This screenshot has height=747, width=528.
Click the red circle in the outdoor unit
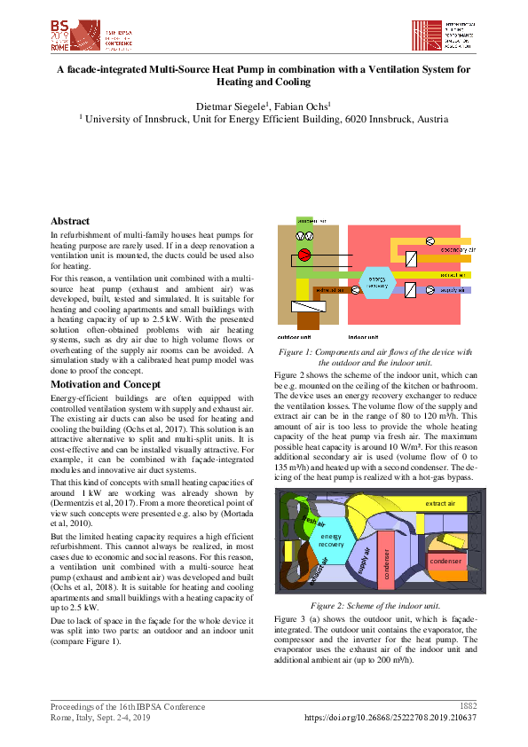(303, 256)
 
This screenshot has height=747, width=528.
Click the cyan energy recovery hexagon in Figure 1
(377, 282)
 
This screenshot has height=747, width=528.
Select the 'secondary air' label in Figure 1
(457, 250)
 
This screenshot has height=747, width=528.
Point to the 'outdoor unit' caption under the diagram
(294, 337)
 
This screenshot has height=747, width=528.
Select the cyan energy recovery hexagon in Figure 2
(331, 540)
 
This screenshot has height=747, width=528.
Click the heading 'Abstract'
(70, 221)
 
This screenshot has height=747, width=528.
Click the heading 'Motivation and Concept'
(106, 384)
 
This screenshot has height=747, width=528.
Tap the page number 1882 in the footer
(468, 706)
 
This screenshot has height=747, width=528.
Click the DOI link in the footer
(390, 717)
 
